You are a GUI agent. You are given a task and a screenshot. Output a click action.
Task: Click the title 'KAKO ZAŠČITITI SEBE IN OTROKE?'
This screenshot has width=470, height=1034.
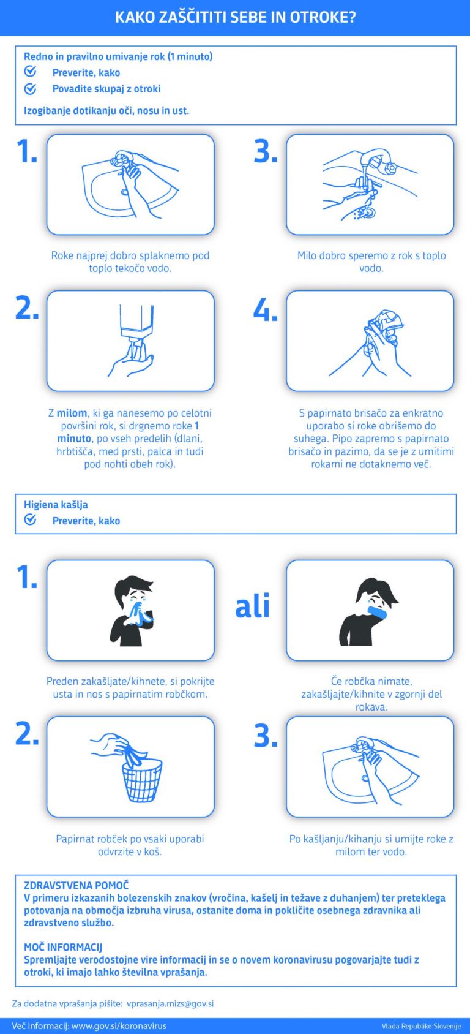click(235, 18)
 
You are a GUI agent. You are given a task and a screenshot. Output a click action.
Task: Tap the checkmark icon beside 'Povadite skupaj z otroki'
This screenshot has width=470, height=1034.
click(31, 89)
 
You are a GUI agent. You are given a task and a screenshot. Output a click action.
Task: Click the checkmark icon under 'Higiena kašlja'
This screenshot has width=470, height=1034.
click(31, 520)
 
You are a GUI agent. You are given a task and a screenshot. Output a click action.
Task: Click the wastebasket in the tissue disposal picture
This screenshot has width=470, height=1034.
click(141, 780)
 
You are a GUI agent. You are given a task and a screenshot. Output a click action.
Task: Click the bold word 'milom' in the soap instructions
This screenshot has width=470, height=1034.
click(72, 413)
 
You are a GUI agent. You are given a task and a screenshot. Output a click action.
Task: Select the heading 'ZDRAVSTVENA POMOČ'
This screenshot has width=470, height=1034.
click(76, 885)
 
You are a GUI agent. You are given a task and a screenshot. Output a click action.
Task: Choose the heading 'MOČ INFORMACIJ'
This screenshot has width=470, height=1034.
click(63, 947)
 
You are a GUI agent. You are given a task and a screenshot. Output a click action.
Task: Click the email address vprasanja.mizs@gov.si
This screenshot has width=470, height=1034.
click(170, 1003)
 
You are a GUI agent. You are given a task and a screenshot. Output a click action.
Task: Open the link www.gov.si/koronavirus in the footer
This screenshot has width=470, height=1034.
click(119, 1026)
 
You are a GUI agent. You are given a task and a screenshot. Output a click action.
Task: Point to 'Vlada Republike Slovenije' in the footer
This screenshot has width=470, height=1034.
click(421, 1026)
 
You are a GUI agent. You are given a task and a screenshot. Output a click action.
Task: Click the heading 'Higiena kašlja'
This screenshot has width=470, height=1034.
click(56, 505)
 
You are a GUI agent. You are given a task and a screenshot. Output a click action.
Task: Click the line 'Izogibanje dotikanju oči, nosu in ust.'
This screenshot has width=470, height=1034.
click(106, 111)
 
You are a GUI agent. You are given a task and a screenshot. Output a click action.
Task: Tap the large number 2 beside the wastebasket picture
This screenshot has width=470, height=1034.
click(27, 735)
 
